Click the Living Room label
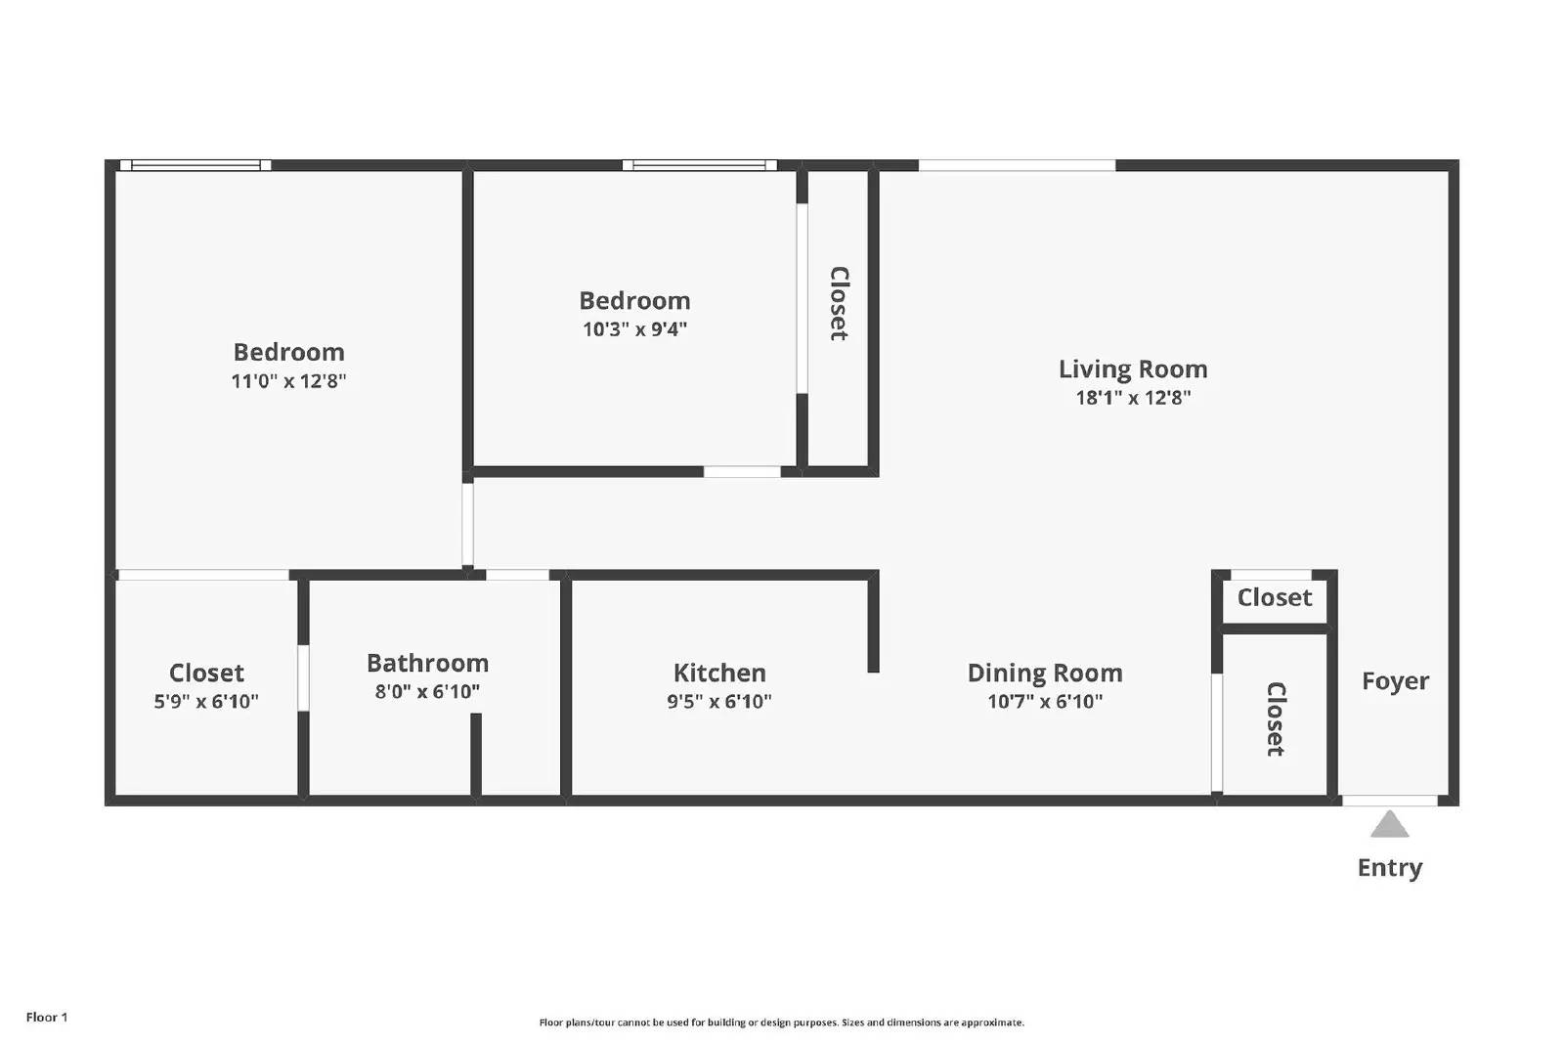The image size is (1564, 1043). tap(1133, 369)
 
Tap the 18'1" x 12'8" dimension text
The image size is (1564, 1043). tap(1133, 398)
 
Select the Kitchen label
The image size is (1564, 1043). tap(719, 674)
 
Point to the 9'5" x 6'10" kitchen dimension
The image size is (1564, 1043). tap(719, 702)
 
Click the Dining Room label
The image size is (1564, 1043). tap(1045, 674)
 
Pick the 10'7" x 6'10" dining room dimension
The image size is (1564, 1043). tap(1045, 702)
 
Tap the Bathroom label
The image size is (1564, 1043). tap(427, 664)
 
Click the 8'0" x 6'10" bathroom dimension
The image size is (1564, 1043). tap(427, 692)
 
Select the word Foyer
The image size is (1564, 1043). tap(1395, 681)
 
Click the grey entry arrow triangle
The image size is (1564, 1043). tap(1389, 826)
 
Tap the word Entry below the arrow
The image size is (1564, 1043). tap(1389, 868)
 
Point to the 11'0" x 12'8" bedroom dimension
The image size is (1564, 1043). tap(288, 381)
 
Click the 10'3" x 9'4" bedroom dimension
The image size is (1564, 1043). tap(634, 329)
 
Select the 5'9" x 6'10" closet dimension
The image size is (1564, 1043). tap(206, 702)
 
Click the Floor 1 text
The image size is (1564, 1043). tap(47, 1018)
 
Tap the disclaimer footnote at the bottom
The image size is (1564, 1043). tap(781, 1022)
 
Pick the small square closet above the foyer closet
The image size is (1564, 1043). tap(1274, 598)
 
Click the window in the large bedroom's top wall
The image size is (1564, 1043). tap(195, 165)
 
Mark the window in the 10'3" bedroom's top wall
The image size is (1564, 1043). tap(699, 165)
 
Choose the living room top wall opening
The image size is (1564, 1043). tap(1017, 165)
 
